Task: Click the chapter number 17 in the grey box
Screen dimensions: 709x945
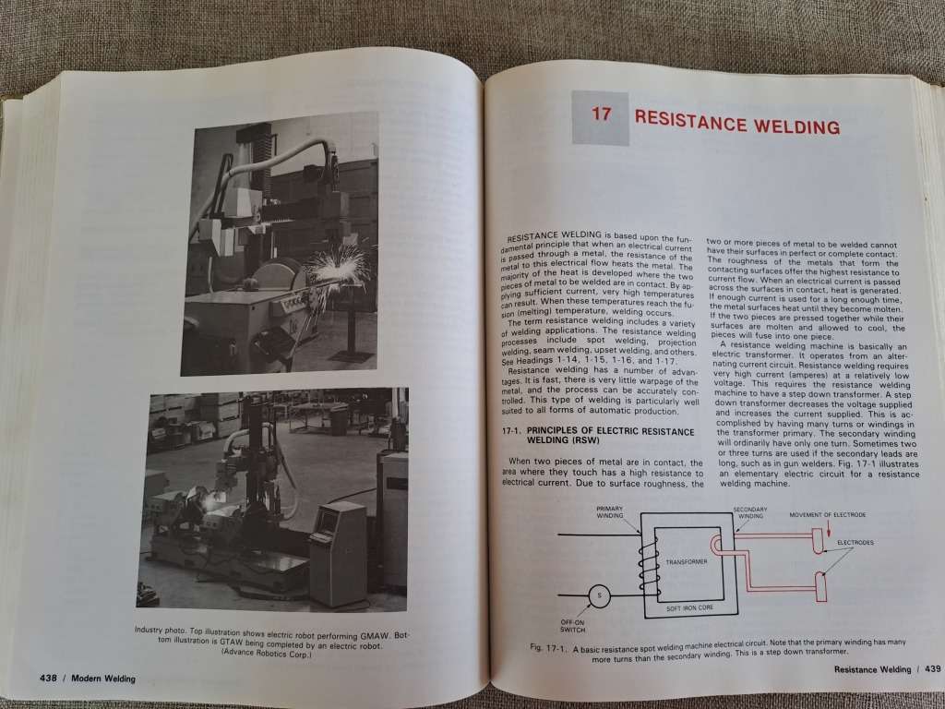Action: coord(601,117)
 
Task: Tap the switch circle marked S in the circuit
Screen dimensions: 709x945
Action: coord(598,596)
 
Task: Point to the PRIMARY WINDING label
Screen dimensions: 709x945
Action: coord(610,511)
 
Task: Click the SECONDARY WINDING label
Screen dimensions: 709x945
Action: coord(750,513)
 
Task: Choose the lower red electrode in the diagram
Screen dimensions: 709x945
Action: coord(820,581)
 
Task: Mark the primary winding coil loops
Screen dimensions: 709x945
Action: coord(645,571)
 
